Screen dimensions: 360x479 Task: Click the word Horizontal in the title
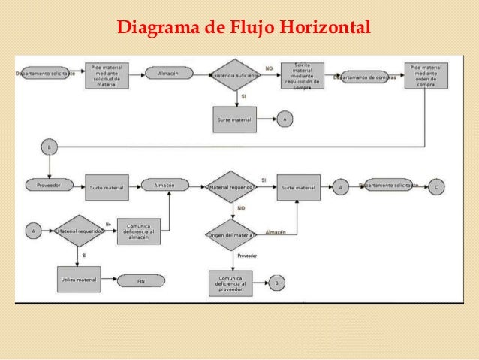tap(324, 29)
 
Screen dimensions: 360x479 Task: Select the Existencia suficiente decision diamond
tap(236, 74)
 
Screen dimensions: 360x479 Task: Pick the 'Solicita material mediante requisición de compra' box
tap(303, 75)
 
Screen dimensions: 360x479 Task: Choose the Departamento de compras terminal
tap(365, 76)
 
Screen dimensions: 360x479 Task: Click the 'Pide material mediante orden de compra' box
tap(426, 75)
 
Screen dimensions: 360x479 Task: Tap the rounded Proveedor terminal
tap(47, 184)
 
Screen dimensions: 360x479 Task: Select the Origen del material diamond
tap(232, 235)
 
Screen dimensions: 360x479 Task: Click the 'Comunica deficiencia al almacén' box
tap(139, 231)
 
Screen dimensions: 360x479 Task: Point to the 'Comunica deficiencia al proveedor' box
tap(230, 283)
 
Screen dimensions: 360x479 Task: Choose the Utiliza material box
tap(78, 280)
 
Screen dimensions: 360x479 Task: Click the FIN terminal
tap(140, 280)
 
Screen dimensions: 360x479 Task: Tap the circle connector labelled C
tap(437, 186)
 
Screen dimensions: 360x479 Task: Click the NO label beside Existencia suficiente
tap(269, 68)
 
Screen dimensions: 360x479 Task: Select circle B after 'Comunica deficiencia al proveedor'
tap(276, 283)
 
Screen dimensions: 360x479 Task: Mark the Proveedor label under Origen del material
tap(247, 256)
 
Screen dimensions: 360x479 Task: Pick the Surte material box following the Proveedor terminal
tap(106, 187)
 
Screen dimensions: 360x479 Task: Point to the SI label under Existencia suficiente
tap(242, 96)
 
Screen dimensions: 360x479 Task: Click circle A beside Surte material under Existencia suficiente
tap(285, 119)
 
